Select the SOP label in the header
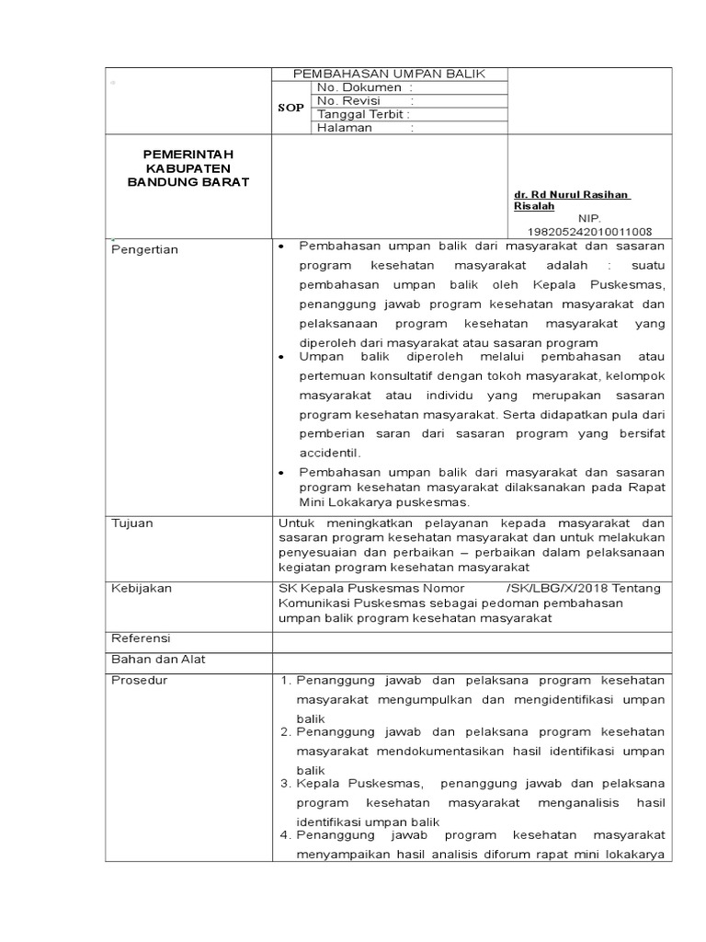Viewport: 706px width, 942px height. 290,108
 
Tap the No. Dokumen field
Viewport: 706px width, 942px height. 359,87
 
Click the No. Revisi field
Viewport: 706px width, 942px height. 365,101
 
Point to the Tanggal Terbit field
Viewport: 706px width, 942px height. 363,114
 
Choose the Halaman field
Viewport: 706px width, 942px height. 365,128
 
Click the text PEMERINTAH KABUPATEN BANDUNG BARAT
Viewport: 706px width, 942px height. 188,168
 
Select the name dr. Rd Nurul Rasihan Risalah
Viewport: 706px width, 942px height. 572,201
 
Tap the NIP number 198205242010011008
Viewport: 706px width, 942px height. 589,231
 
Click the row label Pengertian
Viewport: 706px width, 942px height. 144,249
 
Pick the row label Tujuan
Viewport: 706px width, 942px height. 132,523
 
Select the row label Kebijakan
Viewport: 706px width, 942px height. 141,588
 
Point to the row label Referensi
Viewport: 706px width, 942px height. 141,638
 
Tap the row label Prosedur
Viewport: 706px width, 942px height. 138,681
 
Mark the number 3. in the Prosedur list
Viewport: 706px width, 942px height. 285,783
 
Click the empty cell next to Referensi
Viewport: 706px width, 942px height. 472,639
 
